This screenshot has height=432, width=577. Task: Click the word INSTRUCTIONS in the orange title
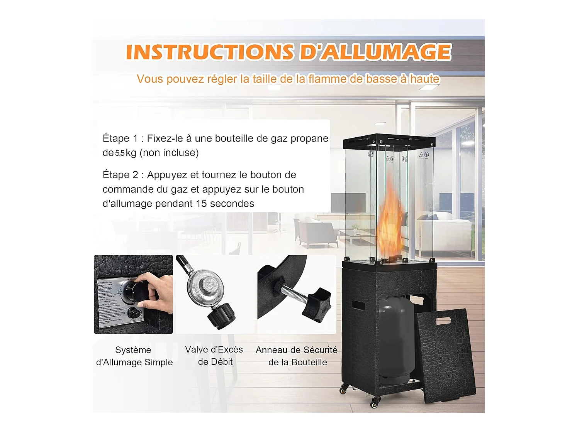point(210,52)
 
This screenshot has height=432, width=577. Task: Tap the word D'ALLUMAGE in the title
point(375,52)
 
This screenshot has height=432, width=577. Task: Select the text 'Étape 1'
point(120,138)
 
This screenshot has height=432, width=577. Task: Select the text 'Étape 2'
point(120,175)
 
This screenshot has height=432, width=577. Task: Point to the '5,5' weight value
point(120,153)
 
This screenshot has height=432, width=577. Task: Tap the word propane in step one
point(309,138)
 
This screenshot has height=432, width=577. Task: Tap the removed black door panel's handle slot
point(443,320)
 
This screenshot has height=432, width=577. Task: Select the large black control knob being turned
point(136,292)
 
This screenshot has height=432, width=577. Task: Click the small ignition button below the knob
point(134,312)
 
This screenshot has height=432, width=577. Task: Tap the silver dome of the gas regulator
point(205,285)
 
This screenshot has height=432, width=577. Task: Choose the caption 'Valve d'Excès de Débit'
point(214,356)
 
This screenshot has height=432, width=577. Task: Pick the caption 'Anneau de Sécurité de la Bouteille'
point(297,356)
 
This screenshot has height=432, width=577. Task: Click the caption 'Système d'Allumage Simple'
point(134,356)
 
